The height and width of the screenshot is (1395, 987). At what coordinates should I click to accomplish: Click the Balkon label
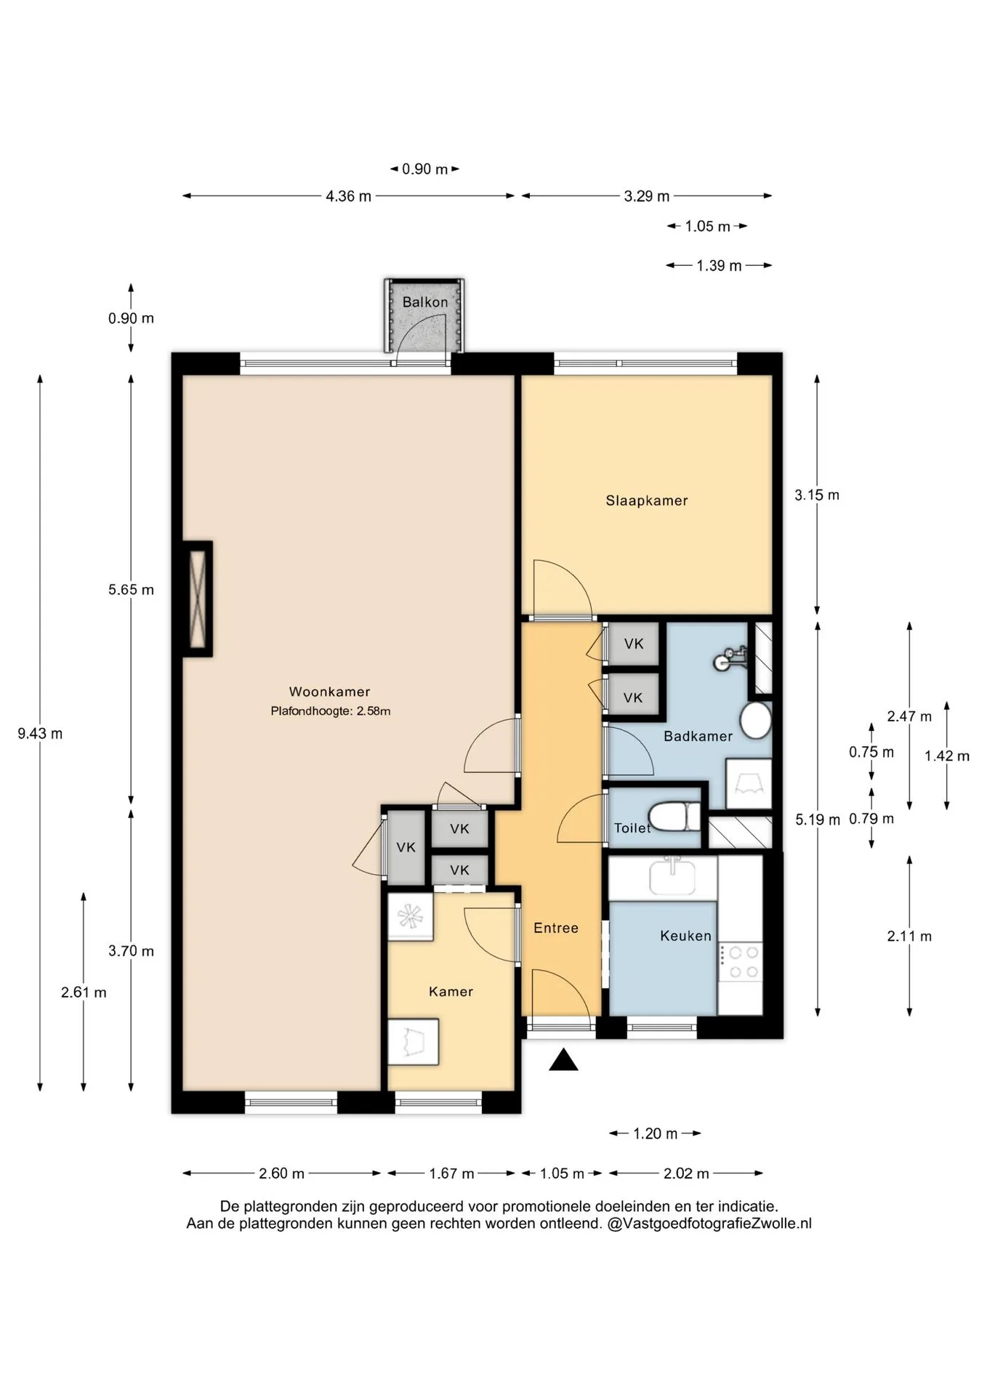click(425, 302)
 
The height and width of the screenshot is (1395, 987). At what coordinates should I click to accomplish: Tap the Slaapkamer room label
click(647, 501)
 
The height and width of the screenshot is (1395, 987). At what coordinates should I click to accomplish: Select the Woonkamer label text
click(329, 692)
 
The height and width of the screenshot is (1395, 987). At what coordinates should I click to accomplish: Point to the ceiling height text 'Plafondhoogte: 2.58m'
click(331, 711)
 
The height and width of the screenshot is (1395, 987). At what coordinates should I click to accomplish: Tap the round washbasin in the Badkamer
click(756, 720)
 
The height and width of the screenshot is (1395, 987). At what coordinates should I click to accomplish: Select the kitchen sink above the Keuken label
click(673, 876)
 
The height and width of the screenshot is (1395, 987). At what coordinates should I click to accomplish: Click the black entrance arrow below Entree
click(563, 1061)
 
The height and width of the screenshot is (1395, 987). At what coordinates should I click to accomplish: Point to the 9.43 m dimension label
click(40, 734)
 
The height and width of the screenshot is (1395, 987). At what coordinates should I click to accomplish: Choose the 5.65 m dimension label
click(132, 590)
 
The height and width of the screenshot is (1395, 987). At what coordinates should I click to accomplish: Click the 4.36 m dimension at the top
click(349, 196)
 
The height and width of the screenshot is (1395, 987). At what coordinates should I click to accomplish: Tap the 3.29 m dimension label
click(647, 196)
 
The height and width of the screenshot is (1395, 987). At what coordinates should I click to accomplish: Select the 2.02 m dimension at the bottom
click(686, 1173)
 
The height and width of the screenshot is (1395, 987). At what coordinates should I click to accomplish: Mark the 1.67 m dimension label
click(451, 1173)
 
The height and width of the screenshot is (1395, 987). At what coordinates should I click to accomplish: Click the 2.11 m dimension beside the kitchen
click(909, 937)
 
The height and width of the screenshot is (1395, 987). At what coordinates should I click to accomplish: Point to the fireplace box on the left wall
click(197, 599)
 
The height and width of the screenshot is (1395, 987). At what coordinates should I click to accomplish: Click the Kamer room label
click(451, 992)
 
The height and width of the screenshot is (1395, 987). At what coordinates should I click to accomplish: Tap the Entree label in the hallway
click(556, 928)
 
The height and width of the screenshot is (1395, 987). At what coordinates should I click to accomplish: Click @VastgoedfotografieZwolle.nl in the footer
click(709, 1224)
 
